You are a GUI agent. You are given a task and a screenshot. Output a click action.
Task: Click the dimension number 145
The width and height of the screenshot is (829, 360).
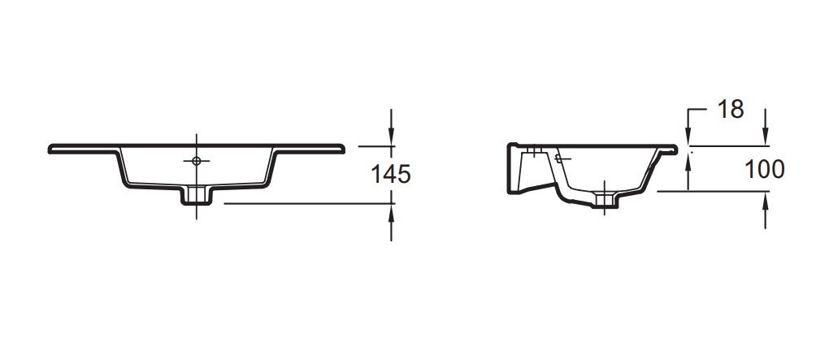391,174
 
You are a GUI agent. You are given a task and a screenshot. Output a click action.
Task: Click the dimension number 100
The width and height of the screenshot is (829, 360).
765,169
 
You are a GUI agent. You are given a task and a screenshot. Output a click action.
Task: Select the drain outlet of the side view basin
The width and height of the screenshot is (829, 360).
605,198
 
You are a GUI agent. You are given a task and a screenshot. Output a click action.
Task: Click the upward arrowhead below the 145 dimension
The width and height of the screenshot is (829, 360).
392,213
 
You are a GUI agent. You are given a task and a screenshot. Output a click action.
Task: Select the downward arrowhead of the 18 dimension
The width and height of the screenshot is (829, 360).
688,137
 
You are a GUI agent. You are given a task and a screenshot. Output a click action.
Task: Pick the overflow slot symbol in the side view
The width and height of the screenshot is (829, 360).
561,157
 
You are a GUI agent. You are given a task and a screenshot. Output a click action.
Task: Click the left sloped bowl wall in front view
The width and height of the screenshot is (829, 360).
123,168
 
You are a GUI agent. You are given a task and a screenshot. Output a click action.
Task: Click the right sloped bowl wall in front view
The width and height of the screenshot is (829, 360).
271,168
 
